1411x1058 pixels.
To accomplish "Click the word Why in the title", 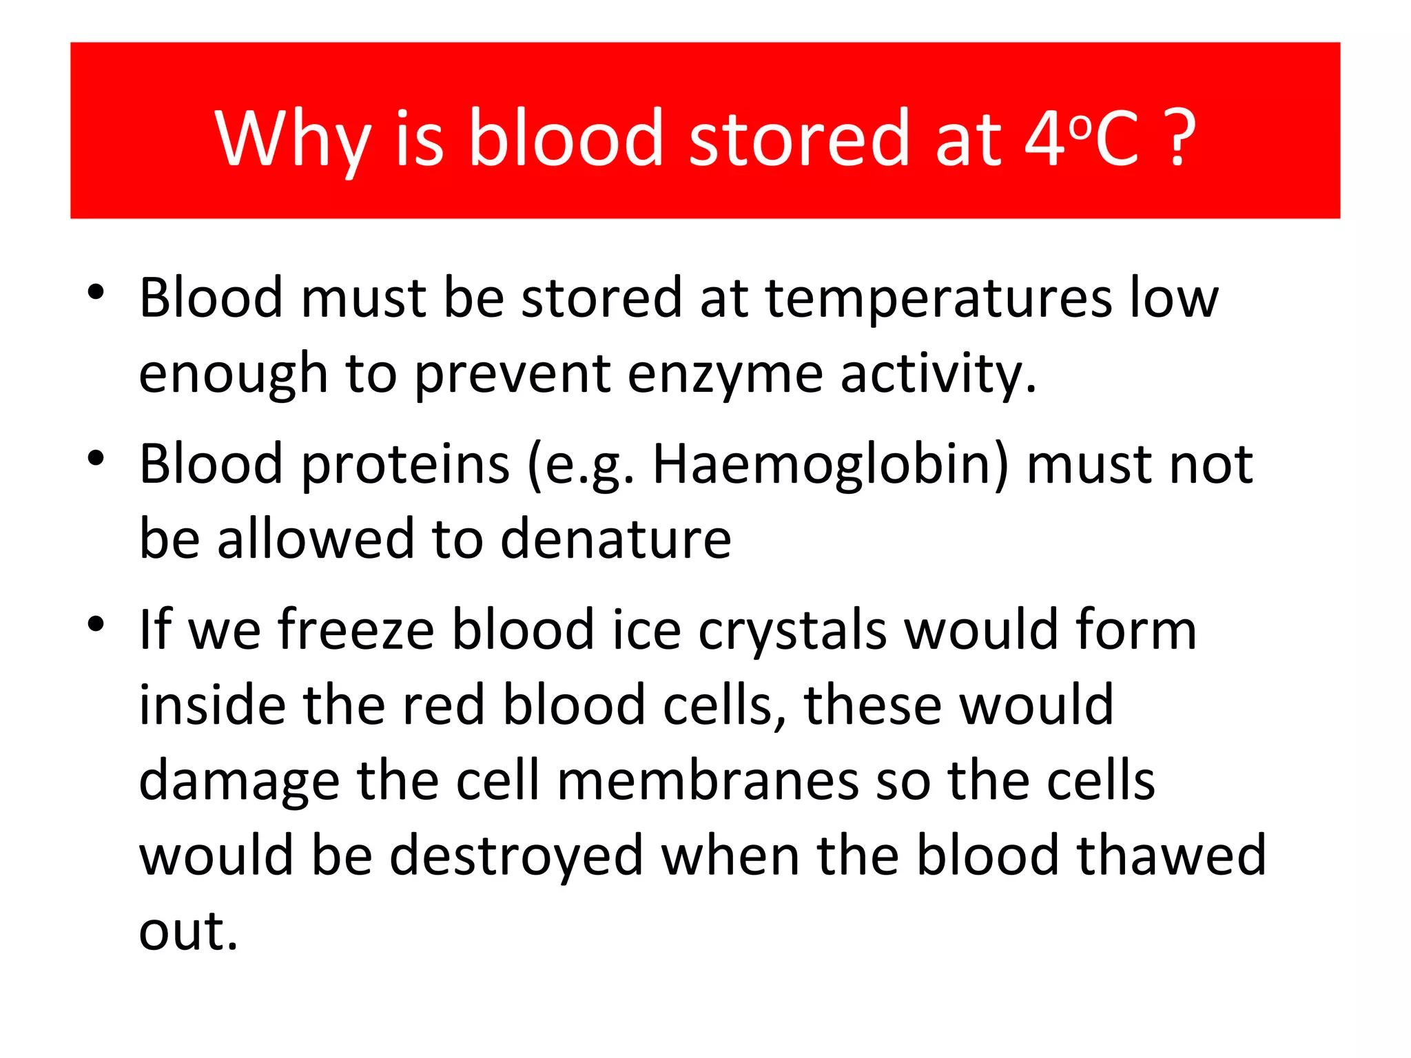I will tap(293, 140).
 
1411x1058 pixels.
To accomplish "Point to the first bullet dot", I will tap(96, 292).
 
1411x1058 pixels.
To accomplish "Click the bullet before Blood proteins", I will tap(96, 457).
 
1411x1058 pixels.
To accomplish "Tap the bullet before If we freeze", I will tap(96, 624).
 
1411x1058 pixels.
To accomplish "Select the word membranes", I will tap(708, 782).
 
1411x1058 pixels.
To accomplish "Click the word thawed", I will tap(1171, 856).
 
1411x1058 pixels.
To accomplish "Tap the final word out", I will tap(187, 931).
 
